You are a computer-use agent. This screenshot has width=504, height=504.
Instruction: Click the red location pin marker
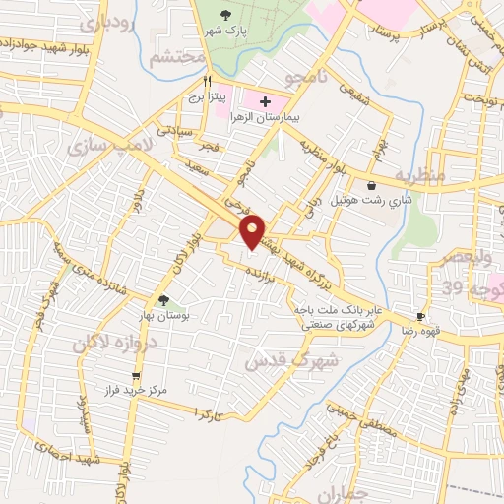(x=254, y=230)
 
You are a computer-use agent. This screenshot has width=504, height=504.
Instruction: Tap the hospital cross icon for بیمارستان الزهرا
(x=265, y=102)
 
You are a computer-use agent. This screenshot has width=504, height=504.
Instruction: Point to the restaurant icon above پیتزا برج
(x=208, y=82)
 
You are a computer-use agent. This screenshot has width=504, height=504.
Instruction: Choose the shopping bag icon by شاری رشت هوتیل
(x=370, y=185)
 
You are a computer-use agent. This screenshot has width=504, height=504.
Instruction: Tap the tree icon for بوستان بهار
(x=164, y=301)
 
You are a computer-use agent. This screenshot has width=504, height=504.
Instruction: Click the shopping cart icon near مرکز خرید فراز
(x=136, y=376)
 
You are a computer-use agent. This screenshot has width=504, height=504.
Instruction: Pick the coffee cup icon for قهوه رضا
(x=420, y=317)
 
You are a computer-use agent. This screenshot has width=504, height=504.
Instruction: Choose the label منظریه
(x=421, y=175)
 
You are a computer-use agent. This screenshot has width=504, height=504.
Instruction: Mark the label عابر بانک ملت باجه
(x=333, y=310)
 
